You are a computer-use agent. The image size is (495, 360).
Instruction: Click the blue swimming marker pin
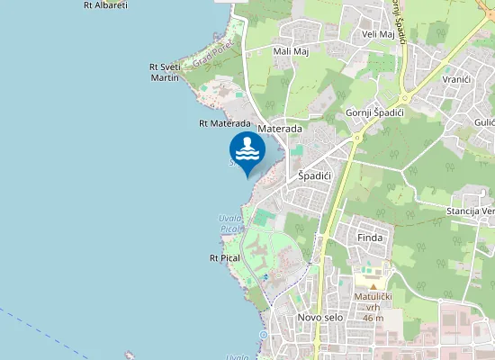(x=246, y=151)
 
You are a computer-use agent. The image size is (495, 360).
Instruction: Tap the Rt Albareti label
(x=105, y=4)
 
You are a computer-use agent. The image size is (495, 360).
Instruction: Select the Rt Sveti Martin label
(x=165, y=72)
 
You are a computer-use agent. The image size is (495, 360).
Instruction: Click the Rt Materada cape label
(x=224, y=123)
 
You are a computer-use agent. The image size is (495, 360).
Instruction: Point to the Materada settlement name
(x=279, y=130)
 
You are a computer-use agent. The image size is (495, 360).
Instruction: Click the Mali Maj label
(x=290, y=51)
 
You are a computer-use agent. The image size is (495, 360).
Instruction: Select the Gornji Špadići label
(x=373, y=112)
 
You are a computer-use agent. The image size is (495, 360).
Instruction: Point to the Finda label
(x=370, y=238)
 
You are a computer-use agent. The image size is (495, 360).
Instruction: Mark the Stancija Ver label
(x=470, y=211)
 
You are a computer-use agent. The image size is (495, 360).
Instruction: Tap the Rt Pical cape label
(x=224, y=257)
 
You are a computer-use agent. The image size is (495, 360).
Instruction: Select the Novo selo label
(x=319, y=318)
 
